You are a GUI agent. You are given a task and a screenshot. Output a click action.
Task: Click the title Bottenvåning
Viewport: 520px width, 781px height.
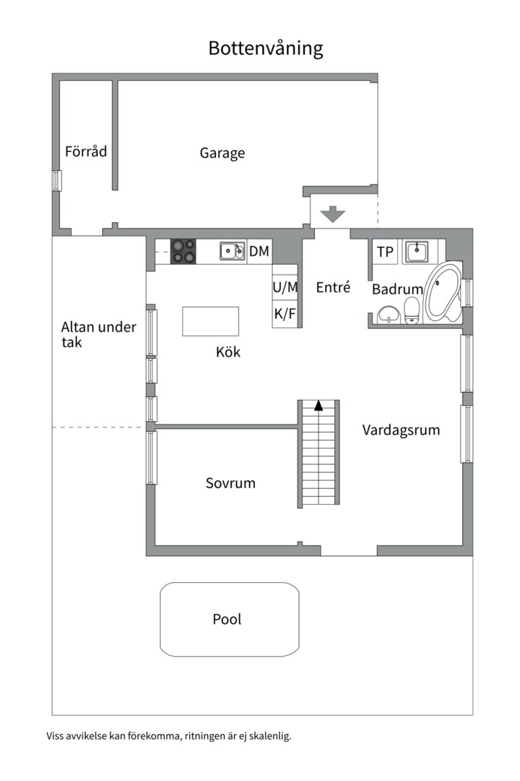click(265, 48)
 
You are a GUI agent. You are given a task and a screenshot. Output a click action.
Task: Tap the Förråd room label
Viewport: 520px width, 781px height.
click(86, 152)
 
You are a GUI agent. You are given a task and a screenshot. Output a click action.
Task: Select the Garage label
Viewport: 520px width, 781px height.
click(222, 153)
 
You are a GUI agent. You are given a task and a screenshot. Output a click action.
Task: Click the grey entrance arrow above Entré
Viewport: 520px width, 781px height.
click(333, 215)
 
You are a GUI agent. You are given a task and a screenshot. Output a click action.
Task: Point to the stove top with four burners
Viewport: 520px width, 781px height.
click(183, 251)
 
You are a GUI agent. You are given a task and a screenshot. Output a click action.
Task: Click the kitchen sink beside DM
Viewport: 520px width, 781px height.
click(232, 252)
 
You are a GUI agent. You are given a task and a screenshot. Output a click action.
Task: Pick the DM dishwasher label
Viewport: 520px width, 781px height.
click(259, 252)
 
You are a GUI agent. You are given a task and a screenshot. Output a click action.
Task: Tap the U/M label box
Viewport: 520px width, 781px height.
click(285, 287)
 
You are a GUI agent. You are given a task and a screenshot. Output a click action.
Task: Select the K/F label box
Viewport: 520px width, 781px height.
click(285, 314)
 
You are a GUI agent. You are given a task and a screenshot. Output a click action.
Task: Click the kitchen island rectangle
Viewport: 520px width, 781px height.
click(210, 321)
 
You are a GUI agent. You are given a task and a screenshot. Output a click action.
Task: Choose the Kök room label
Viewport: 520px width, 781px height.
click(227, 353)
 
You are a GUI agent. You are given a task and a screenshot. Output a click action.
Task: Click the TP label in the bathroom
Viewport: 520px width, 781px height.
click(385, 252)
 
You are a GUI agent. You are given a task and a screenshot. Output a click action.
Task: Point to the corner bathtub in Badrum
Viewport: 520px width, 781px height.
click(442, 293)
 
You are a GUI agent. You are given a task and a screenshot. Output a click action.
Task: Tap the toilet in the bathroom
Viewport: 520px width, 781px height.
click(412, 310)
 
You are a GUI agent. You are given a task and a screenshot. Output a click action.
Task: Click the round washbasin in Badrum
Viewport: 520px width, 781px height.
click(389, 315)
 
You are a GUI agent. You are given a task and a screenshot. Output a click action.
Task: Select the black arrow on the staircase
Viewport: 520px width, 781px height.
click(318, 406)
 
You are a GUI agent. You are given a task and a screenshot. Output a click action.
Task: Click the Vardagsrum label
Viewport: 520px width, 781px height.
click(401, 430)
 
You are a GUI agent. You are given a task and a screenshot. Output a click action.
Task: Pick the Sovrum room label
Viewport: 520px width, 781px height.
click(230, 483)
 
